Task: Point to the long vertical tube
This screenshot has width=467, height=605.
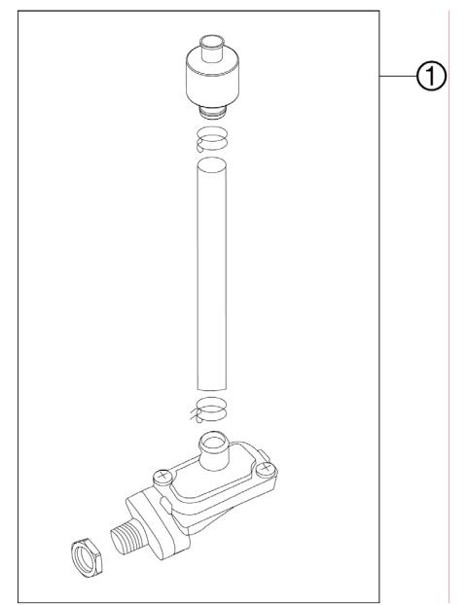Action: [213, 272]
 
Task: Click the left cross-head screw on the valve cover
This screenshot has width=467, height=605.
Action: [163, 477]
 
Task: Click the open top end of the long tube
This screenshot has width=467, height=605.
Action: [213, 166]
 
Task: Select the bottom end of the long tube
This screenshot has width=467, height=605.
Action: [213, 385]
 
